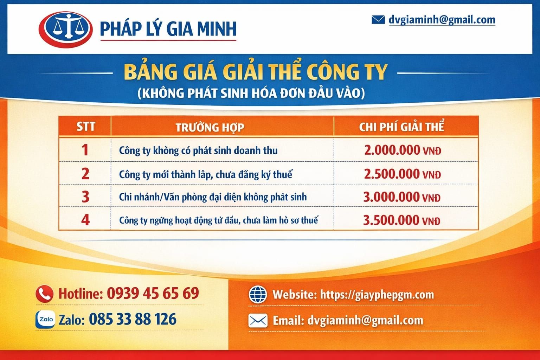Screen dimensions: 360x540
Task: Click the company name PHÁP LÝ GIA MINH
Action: (168, 29)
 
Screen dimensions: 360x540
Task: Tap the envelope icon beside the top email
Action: (378, 20)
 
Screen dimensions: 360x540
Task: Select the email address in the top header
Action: (442, 20)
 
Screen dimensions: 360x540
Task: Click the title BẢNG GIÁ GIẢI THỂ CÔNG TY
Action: (255, 72)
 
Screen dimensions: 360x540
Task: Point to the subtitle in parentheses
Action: (251, 93)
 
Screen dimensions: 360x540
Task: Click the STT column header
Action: (85, 127)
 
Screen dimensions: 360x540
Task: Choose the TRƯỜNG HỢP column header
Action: (210, 127)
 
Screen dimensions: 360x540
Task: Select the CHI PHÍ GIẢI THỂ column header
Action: (401, 127)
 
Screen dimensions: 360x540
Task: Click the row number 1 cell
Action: (85, 150)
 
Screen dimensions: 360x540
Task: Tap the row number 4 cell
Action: (85, 220)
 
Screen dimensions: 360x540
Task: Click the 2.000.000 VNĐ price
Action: (402, 150)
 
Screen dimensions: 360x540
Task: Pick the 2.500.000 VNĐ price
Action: (402, 174)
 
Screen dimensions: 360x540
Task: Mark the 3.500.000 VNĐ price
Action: (401, 220)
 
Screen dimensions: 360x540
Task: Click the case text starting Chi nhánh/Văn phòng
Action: (213, 197)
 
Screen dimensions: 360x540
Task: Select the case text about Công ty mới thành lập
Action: (206, 174)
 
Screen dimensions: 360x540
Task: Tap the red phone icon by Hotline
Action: (45, 294)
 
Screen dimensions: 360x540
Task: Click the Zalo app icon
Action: (45, 320)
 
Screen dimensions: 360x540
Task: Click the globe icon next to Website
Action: (258, 294)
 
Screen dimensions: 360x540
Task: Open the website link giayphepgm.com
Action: (377, 294)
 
